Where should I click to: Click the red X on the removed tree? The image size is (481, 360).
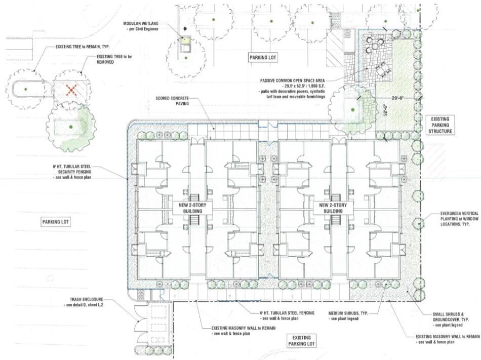pos(71,90)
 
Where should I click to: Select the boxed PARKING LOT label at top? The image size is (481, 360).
pos(263,57)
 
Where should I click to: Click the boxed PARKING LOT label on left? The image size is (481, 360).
pos(56,222)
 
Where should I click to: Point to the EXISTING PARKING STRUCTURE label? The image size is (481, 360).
pos(440,125)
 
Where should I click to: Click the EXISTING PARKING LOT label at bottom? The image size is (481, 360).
pos(302,341)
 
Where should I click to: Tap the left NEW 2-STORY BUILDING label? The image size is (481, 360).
pos(192,208)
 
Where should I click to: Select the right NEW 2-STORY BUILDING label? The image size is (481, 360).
pos(333,208)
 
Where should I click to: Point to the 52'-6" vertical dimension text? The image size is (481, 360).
pos(386,109)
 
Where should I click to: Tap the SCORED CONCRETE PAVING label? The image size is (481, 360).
pos(172,101)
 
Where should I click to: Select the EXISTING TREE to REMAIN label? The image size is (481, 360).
pos(83,47)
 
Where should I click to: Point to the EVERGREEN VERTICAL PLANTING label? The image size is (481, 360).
pos(455,219)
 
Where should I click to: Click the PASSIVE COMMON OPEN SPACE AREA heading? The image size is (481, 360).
pos(292,81)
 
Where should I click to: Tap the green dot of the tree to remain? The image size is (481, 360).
pos(25,89)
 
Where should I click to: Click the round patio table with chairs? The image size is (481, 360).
pos(375,46)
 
